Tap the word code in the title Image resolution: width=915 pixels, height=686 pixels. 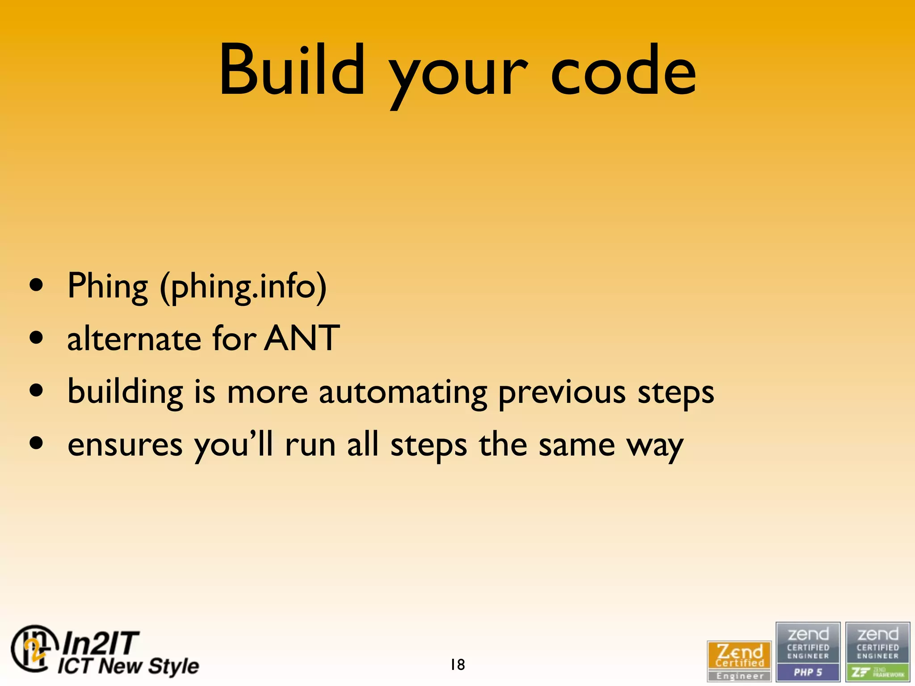623,71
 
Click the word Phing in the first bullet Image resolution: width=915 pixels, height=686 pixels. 107,287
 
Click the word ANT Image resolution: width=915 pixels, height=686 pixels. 302,339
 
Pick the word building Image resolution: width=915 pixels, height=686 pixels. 125,392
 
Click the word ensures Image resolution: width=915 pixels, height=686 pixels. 125,446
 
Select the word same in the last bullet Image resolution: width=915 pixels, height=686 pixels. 576,446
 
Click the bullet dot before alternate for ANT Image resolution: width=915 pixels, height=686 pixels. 36,338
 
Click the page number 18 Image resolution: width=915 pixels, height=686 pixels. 457,665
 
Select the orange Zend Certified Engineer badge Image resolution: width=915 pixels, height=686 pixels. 739,661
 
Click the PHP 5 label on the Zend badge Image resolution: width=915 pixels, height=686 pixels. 808,672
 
